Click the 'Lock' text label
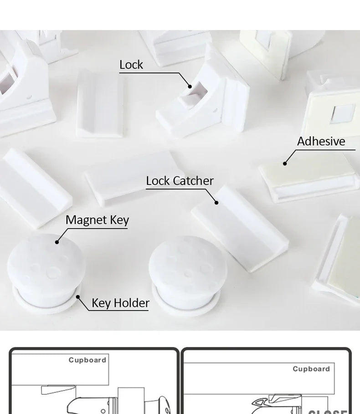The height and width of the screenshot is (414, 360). coord(131,65)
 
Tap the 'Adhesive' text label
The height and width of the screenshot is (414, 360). coord(321,142)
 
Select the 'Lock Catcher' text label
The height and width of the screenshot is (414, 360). coord(180,181)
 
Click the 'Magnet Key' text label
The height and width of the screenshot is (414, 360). coord(97,220)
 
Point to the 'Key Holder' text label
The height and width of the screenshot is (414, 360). coord(120,303)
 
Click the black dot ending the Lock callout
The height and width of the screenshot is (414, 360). coord(190,85)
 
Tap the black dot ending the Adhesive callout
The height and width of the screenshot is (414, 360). coord(285,164)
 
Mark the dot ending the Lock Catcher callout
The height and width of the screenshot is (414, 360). coord(216,203)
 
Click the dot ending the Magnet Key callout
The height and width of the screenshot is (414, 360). coord(57,242)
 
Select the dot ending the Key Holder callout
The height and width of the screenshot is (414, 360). coord(78,296)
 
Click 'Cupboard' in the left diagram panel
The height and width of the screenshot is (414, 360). coord(87,360)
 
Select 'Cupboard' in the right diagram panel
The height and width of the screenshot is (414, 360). coord(311,369)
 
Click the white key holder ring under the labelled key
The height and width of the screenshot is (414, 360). coord(46,305)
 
